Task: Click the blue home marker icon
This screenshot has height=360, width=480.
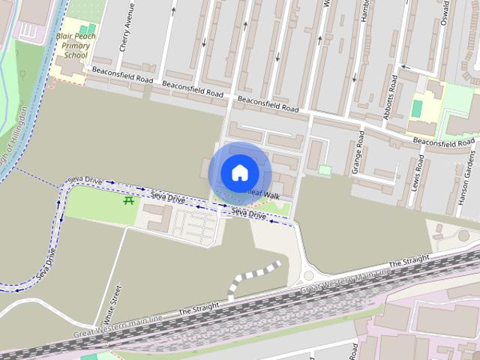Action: pyautogui.click(x=239, y=172)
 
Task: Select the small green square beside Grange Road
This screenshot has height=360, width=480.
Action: pyautogui.click(x=324, y=170)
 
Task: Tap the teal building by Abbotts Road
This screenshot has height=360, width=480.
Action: pyautogui.click(x=416, y=108)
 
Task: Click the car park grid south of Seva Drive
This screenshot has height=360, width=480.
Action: pyautogui.click(x=194, y=224)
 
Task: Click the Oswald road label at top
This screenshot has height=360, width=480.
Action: pyautogui.click(x=447, y=13)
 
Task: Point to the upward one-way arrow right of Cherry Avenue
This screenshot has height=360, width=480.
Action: pyautogui.click(x=173, y=10)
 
